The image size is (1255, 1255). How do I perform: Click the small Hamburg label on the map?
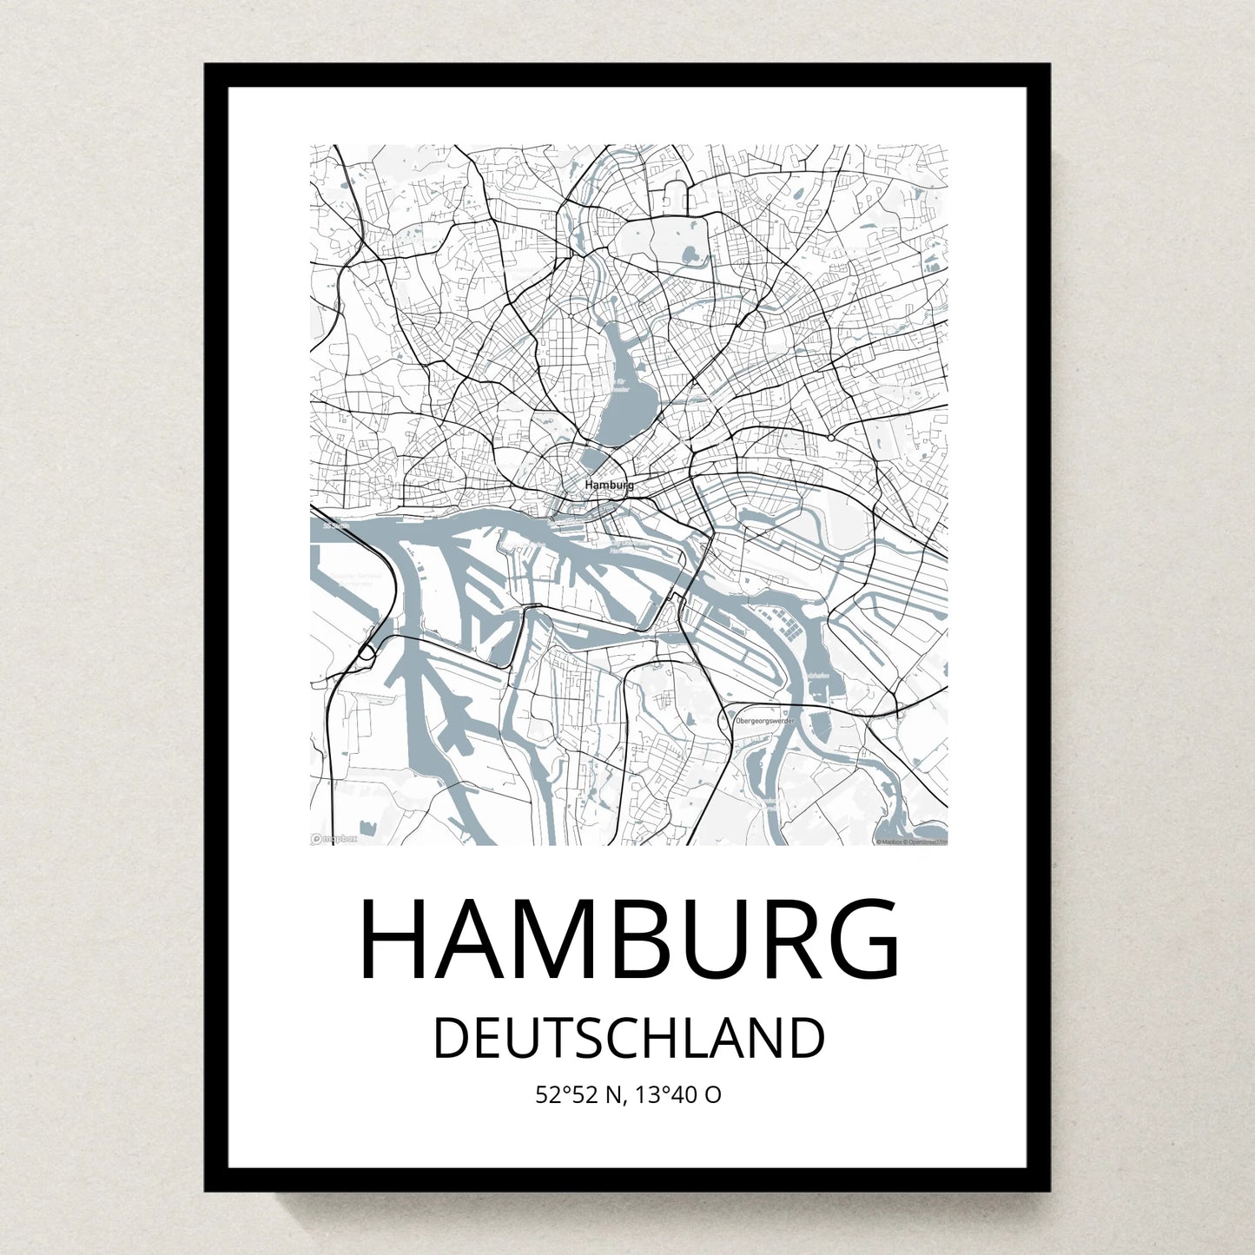pos(609,485)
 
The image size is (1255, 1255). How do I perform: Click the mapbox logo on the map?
pos(334,839)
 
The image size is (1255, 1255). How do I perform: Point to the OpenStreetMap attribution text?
pos(911,842)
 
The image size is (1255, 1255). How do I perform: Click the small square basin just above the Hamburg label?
pos(594,458)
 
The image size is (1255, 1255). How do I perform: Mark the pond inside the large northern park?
pos(691,255)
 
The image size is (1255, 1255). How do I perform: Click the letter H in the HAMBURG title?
pos(395,941)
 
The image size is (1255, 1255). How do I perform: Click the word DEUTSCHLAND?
pos(628,1039)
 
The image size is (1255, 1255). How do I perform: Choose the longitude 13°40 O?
pos(678,1095)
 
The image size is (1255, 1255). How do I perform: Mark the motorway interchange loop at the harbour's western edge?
pos(366,651)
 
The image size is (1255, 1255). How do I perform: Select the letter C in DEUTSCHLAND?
pos(613,1039)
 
